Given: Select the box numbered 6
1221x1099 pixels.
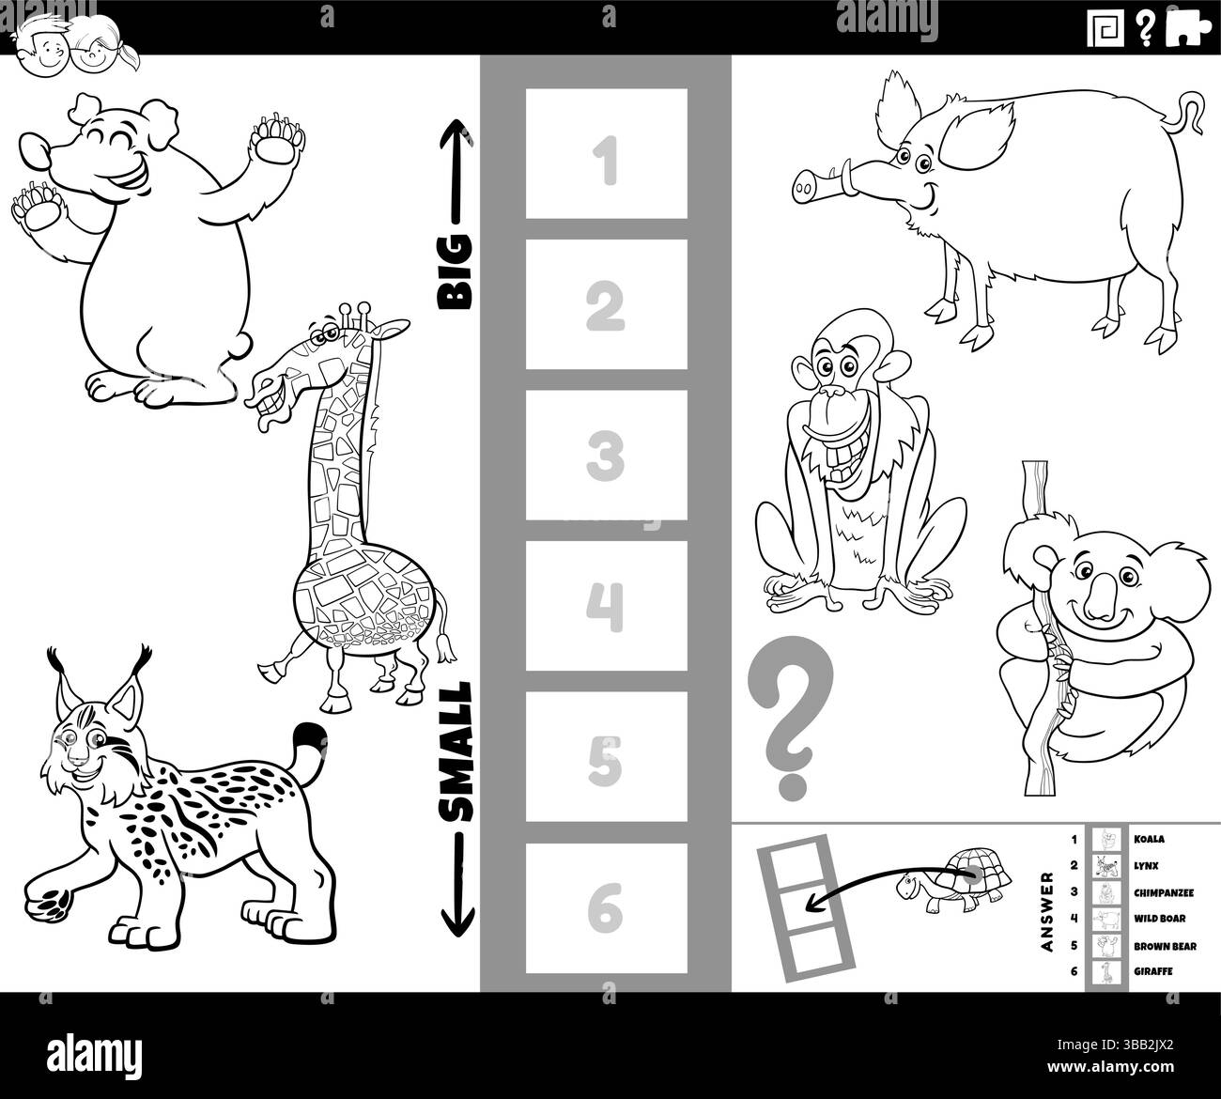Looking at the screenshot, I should pos(606,908).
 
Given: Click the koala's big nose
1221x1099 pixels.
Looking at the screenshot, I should pos(1101,599).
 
